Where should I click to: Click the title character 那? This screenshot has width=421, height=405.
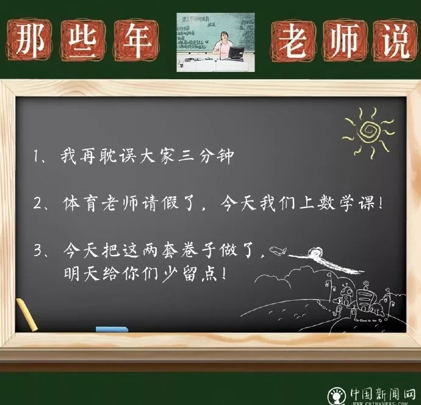(30, 40)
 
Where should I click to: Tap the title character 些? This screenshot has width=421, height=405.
(82, 40)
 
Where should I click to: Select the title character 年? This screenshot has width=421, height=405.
(136, 40)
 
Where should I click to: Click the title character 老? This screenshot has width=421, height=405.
(293, 40)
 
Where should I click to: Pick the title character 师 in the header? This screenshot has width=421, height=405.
(345, 40)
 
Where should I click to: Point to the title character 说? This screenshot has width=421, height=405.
(394, 40)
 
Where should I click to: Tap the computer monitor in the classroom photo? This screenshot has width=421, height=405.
(236, 52)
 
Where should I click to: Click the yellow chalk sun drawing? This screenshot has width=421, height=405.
(369, 132)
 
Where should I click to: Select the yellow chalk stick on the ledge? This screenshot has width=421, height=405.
(27, 315)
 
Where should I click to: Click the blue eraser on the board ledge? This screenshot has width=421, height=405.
(112, 329)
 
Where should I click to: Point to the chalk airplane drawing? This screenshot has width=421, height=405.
(278, 251)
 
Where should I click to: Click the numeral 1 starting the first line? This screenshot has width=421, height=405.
(36, 156)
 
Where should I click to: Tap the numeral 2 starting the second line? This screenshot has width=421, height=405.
(37, 203)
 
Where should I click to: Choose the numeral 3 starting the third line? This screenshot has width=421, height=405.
(38, 250)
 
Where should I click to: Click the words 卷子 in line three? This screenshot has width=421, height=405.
(198, 250)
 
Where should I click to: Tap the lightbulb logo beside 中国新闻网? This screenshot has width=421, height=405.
(337, 396)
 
